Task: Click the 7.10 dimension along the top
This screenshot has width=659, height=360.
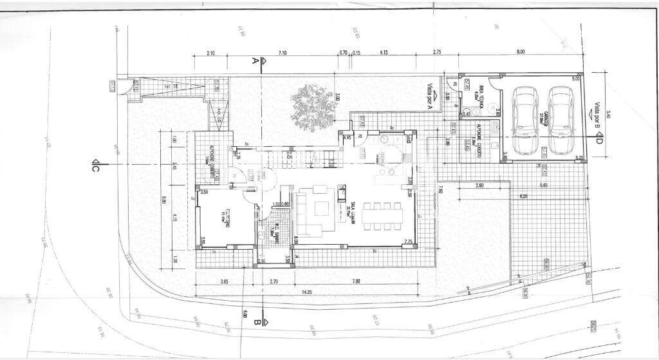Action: (282, 52)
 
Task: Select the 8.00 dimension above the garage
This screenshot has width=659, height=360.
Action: (521, 52)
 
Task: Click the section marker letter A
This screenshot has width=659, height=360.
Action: (255, 61)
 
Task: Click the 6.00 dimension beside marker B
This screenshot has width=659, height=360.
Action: (245, 315)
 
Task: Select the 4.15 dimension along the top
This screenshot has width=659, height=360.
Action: (384, 52)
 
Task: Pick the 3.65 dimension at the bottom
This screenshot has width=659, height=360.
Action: (225, 281)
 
